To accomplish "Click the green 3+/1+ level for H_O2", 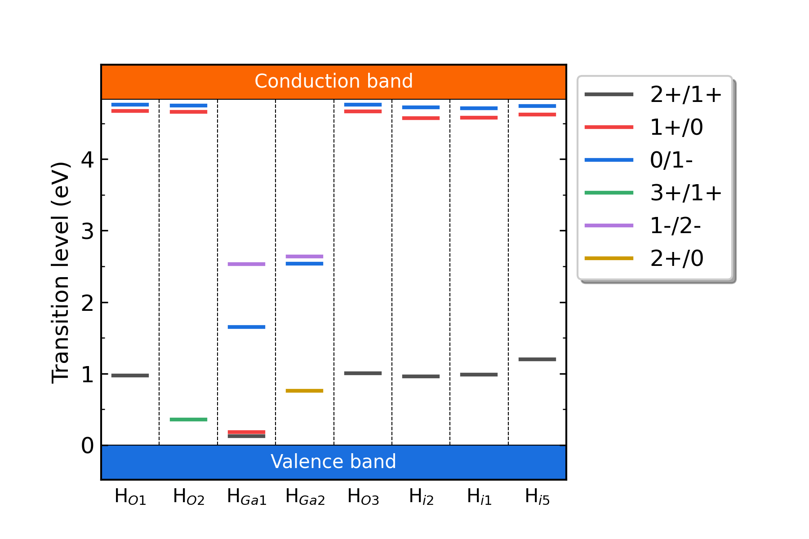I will point(188,420).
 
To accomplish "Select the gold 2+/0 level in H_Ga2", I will point(304,391).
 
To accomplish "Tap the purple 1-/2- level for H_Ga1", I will point(246,264).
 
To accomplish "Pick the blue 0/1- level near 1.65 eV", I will point(246,327).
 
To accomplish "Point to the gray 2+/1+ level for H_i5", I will point(537,359).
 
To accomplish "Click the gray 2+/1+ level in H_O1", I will point(130,376).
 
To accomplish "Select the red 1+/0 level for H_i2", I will point(421,118).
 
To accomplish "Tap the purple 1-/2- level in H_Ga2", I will point(304,256).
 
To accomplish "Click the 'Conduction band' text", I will point(333,81).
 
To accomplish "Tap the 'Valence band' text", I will point(333,462).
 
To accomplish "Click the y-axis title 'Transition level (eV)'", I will point(61,273).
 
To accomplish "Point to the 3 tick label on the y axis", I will point(88,231).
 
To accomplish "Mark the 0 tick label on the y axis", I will point(88,446).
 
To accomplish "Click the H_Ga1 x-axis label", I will point(247,497).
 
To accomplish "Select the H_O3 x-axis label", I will point(363,497).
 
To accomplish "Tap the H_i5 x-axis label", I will point(537,497).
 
